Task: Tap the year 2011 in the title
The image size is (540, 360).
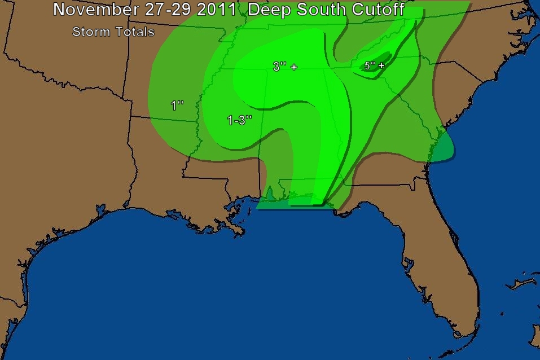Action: [x=212, y=10]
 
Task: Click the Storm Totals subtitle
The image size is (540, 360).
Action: [x=113, y=32]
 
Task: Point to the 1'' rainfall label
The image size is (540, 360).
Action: [x=177, y=105]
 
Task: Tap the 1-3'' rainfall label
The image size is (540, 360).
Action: [x=239, y=120]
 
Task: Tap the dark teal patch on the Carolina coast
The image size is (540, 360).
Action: [x=445, y=148]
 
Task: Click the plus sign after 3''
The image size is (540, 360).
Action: [x=294, y=67]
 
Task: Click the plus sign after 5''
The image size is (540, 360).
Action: [x=382, y=66]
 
